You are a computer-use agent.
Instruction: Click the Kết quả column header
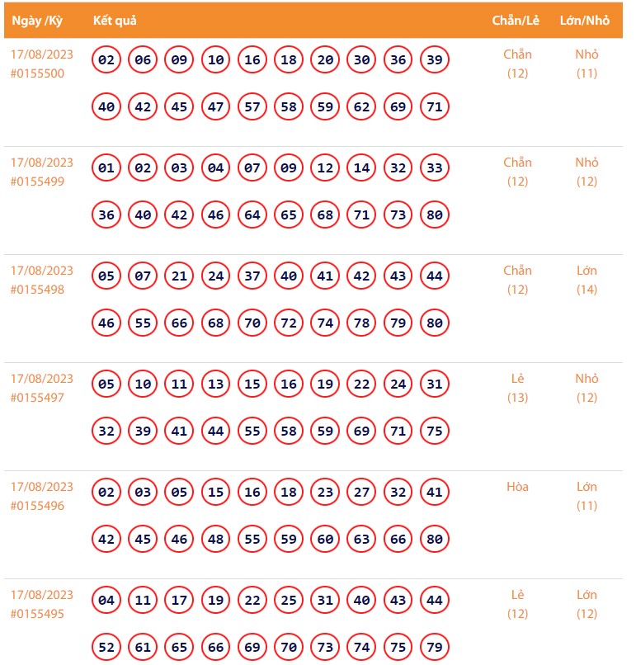114,21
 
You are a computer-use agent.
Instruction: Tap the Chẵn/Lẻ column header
517,21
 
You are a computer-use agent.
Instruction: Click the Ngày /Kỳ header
37,21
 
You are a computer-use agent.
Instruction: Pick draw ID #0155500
37,73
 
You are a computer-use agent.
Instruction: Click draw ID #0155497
37,398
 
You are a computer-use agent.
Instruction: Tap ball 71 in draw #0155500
435,107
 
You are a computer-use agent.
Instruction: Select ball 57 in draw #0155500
252,107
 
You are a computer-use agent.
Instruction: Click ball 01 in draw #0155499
106,168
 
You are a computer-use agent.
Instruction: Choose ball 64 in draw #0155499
252,215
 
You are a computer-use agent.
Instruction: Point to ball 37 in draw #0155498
252,276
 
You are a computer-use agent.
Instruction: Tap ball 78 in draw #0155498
361,323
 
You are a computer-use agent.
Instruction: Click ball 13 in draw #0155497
216,384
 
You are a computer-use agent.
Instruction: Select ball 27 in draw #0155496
361,493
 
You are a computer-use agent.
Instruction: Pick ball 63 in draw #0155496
361,540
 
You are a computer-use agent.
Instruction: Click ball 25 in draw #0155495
289,601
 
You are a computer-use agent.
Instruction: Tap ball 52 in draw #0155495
106,648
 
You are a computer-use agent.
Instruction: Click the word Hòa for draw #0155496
517,487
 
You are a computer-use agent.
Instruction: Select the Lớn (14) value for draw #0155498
587,280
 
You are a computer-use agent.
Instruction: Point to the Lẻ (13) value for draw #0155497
517,388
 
